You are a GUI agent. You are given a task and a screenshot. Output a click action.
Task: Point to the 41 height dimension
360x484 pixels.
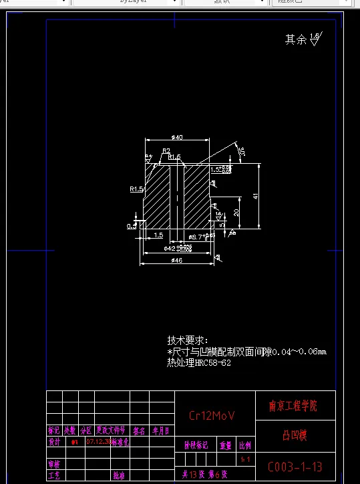255,196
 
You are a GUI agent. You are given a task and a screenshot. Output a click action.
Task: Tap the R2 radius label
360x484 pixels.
166,150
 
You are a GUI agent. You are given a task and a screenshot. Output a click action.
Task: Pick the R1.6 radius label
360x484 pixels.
174,157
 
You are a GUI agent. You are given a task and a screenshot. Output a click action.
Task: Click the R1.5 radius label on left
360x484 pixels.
136,189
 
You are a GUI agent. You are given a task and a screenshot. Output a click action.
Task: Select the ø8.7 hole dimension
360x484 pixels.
198,237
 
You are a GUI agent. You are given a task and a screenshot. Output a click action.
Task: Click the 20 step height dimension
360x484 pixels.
236,212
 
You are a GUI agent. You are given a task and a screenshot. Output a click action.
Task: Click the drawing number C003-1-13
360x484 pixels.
295,466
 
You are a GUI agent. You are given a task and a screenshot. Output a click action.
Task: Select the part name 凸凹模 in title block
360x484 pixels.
295,436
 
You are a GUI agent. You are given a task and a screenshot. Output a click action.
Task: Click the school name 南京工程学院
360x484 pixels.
293,406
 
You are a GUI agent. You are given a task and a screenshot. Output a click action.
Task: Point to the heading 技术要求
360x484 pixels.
187,340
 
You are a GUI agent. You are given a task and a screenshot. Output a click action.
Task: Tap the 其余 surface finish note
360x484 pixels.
295,39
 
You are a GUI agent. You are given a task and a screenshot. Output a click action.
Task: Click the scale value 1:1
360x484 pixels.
244,459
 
